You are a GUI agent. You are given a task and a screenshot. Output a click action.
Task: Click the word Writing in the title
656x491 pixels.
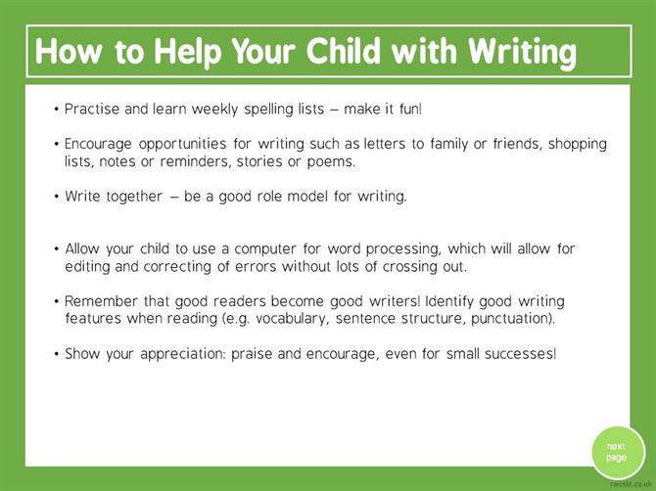click(x=523, y=53)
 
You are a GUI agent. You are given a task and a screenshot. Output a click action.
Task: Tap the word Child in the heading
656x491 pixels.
click(x=343, y=51)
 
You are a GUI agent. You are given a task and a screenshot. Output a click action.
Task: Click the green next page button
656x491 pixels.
click(x=618, y=452)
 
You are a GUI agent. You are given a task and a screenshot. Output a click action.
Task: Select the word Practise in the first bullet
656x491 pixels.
click(x=92, y=110)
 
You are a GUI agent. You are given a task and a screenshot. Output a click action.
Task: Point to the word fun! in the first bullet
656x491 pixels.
click(x=411, y=110)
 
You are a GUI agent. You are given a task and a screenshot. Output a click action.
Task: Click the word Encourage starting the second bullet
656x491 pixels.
click(x=98, y=144)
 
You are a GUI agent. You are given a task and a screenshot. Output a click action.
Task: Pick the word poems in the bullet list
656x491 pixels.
click(x=331, y=162)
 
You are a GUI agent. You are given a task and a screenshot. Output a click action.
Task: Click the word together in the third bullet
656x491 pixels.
click(x=134, y=197)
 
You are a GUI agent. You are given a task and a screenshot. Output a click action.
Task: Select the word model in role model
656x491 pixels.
click(x=307, y=196)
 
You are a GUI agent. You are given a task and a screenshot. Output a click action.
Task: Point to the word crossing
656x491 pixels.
click(x=409, y=267)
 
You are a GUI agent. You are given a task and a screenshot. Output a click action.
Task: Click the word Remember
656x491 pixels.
click(x=101, y=301)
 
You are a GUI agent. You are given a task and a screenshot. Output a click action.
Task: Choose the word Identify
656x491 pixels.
click(x=449, y=301)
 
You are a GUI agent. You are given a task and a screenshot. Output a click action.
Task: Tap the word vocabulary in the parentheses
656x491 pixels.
click(x=291, y=319)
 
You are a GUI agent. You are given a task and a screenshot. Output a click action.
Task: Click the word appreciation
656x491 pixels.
click(x=183, y=354)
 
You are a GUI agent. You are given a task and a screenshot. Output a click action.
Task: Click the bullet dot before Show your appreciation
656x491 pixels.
click(x=57, y=354)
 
